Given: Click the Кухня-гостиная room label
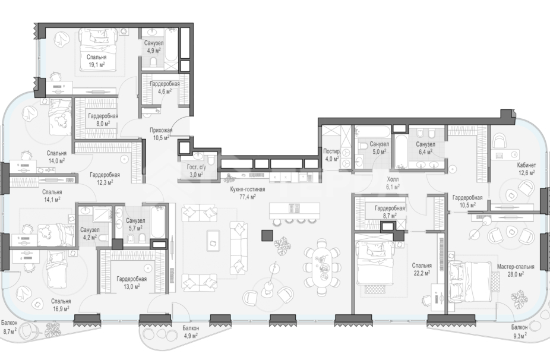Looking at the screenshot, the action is tap(247, 190).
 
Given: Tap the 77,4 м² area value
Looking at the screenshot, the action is tap(247, 197).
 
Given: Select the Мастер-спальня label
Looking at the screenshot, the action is tap(516, 267).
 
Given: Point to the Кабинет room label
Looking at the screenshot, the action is tap(526, 165).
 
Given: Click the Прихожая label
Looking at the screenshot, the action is tap(161, 130).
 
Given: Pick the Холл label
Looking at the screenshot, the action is tap(393, 179).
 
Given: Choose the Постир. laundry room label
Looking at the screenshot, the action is tap(332, 151).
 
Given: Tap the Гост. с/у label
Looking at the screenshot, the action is tap(197, 168).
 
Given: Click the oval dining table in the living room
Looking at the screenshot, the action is tap(323, 263).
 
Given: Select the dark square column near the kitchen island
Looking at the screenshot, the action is tap(267, 235).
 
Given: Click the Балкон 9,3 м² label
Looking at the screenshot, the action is tap(519, 331).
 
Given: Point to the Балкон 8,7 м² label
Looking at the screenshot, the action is tap(10, 327).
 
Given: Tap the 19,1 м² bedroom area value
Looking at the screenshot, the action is tap(96, 65).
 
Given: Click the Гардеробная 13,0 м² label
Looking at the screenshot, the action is tap(131, 282).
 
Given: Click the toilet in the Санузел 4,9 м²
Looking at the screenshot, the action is tap(153, 62).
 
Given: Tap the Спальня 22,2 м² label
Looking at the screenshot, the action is tap(422, 269).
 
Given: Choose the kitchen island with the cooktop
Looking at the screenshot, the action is tap(295, 210).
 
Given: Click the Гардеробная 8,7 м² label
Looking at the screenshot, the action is tap(390, 211).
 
